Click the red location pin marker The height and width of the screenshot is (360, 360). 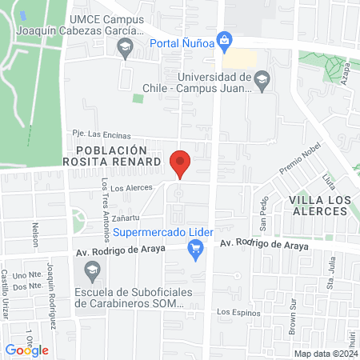tap(180, 163)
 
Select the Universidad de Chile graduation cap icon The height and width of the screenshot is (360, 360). tap(262, 79)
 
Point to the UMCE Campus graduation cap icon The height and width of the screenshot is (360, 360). tap(125, 50)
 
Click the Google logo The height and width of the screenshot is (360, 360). tap(27, 350)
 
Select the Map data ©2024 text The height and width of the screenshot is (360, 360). tap(324, 353)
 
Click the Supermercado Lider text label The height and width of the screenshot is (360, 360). tap(161, 233)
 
